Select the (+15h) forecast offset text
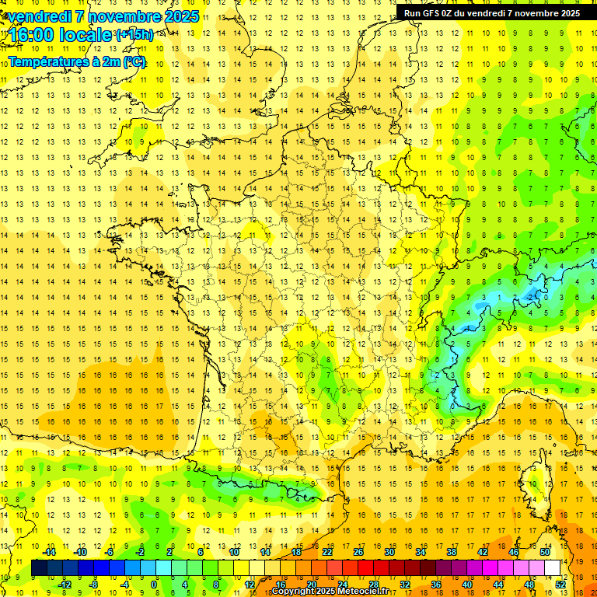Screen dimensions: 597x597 coord(134,34)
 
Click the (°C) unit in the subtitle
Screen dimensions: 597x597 coord(133,61)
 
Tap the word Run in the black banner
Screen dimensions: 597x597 coord(413,12)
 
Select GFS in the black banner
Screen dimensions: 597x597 coord(434,12)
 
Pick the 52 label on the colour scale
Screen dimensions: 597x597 coord(560,585)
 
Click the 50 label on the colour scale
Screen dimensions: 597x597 coord(545,552)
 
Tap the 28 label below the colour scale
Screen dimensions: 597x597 coord(374,585)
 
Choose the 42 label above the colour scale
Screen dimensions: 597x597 coord(483,552)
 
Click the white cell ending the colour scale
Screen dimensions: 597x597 coord(553,568)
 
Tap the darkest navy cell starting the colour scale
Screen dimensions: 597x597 coord(40,568)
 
